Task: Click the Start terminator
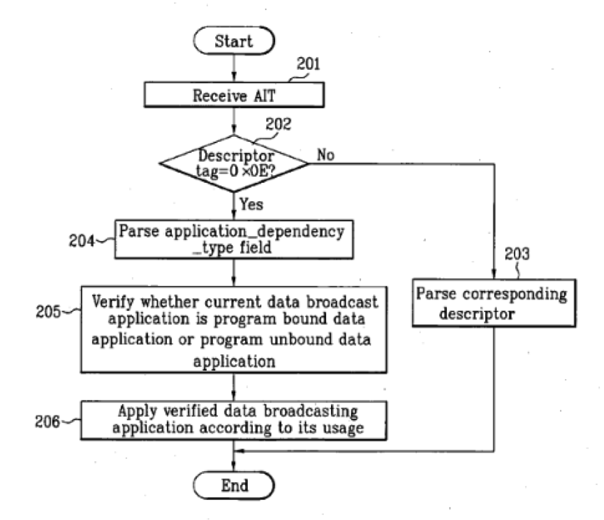click(233, 42)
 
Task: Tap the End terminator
click(233, 484)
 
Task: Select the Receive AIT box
click(234, 94)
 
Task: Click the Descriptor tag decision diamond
click(233, 163)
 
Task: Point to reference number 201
click(307, 65)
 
